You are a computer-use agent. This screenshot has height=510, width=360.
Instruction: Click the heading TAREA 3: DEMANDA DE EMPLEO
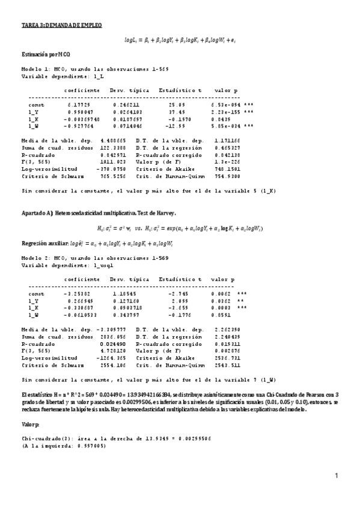tap(61, 25)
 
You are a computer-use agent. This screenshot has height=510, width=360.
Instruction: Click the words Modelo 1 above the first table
tap(35, 69)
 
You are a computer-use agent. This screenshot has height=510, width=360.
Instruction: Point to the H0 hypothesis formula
tap(126, 229)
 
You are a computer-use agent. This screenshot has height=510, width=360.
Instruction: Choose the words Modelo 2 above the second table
tap(35, 257)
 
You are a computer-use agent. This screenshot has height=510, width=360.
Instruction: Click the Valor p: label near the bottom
tap(31, 423)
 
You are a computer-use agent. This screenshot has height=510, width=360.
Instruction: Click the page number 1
tap(337, 476)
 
